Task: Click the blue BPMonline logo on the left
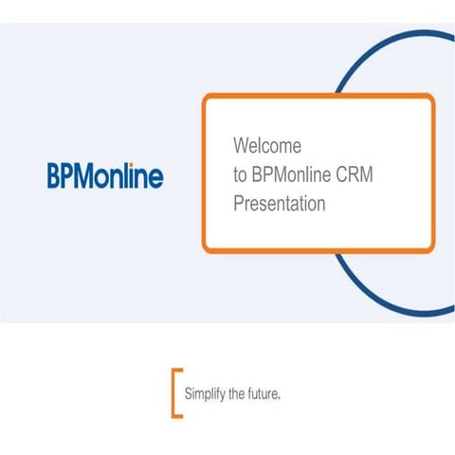[105, 175]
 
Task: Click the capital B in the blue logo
[54, 175]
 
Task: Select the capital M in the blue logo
[85, 175]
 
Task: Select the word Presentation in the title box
[279, 203]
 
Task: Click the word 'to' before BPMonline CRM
[240, 175]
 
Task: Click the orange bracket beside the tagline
[175, 391]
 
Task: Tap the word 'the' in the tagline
[237, 391]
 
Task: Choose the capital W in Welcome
[240, 146]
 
